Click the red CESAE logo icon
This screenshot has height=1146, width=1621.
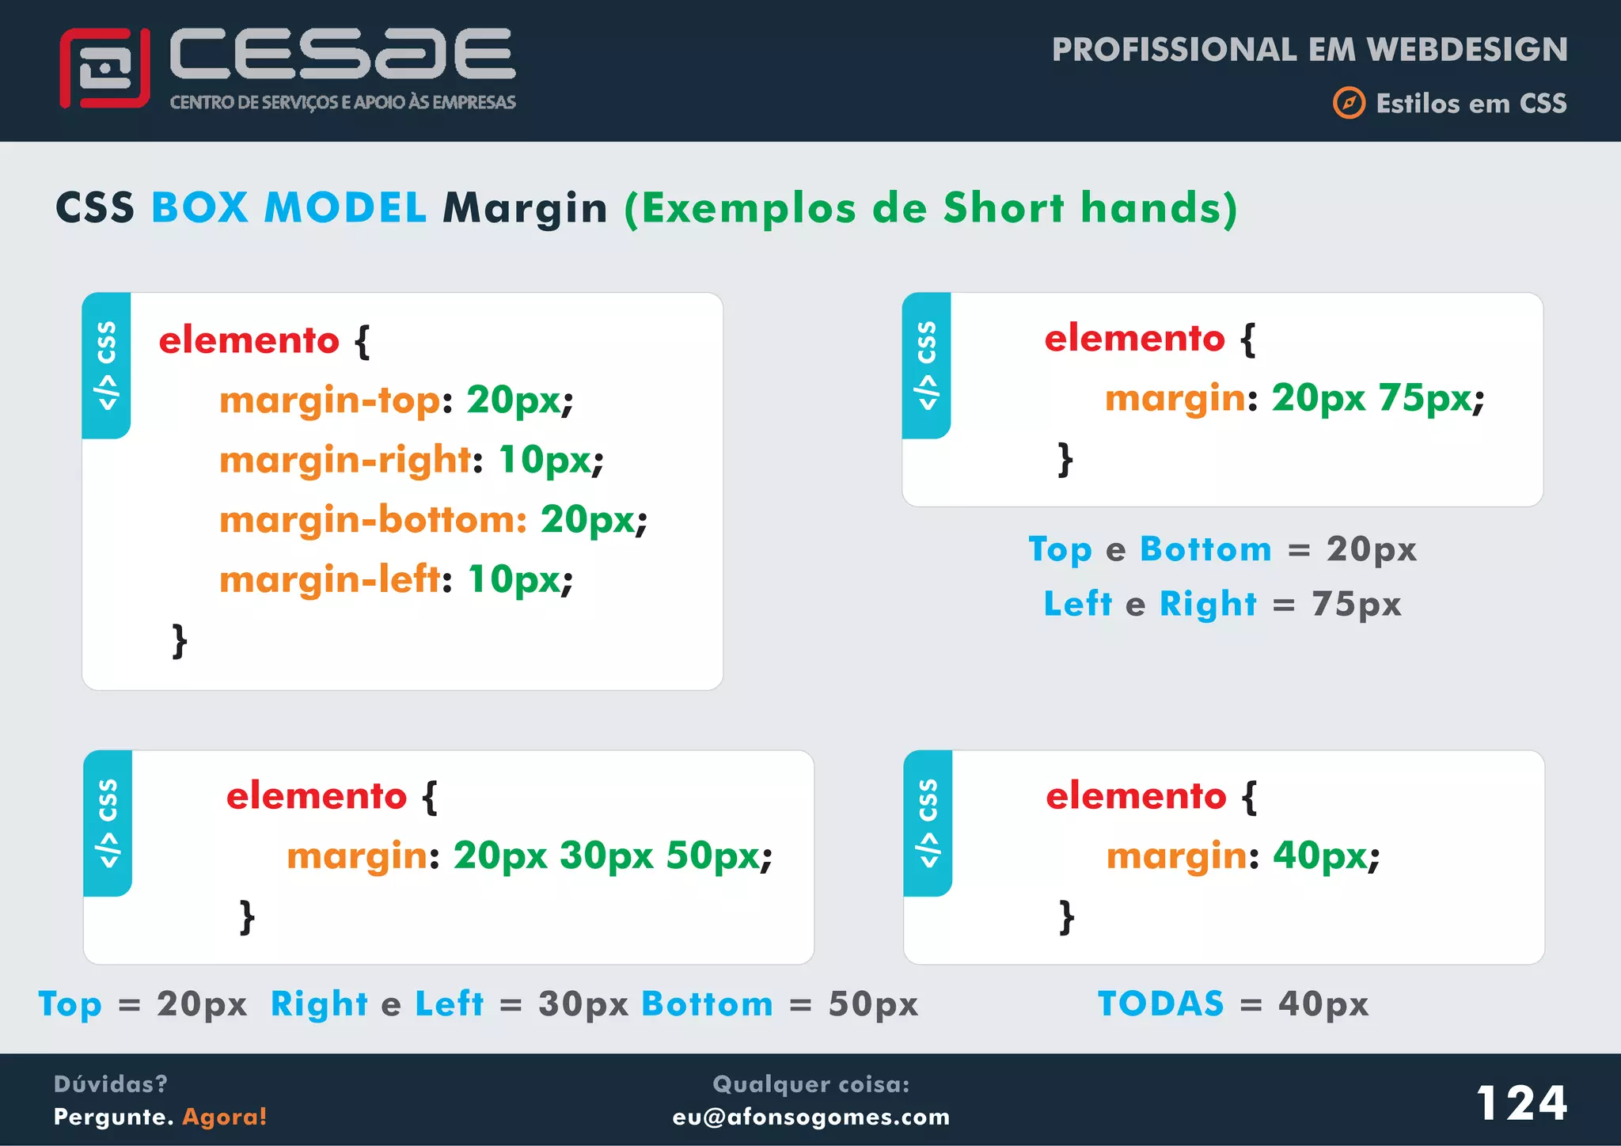[x=104, y=69]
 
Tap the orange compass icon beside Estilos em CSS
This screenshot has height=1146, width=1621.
[x=1349, y=104]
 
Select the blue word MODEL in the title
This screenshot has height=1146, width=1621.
[x=345, y=208]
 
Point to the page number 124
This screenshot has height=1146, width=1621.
[x=1521, y=1102]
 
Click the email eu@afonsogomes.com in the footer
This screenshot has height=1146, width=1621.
[x=810, y=1117]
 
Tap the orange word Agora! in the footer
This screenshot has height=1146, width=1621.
[x=225, y=1117]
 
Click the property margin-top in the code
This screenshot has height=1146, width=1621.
[x=329, y=400]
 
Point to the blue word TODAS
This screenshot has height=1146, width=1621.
[x=1160, y=1004]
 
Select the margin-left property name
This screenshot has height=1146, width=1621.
[x=329, y=579]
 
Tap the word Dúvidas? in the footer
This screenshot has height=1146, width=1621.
[x=110, y=1083]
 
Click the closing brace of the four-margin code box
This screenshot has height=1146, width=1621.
[x=180, y=640]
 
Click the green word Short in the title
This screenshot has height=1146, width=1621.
[x=1003, y=208]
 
